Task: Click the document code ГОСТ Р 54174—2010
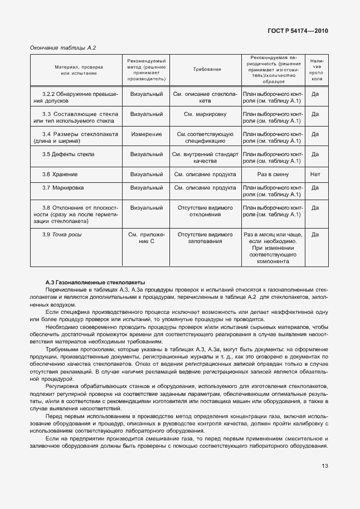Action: tap(298, 31)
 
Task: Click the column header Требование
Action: tap(207, 69)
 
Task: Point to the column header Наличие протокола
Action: tap(315, 69)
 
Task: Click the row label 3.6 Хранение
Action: tap(55, 174)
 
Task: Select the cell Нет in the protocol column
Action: tap(315, 174)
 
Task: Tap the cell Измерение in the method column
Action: tap(147, 134)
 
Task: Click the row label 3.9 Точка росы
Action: tap(62, 235)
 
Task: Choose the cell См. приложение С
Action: tap(147, 238)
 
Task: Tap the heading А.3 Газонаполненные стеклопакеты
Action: tap(95, 283)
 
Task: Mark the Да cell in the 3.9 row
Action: tap(315, 235)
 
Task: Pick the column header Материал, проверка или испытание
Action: tap(76, 69)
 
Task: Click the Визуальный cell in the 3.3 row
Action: tap(147, 114)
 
